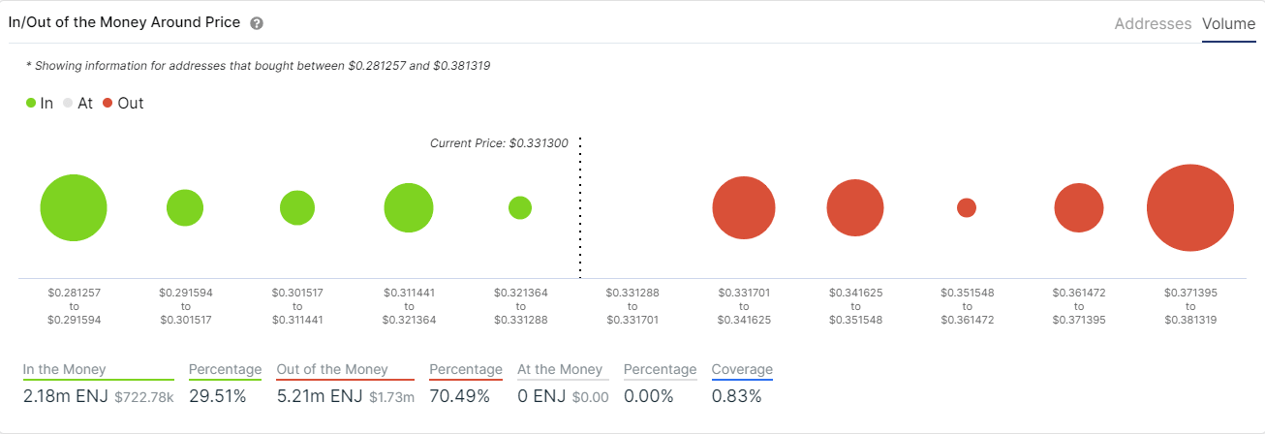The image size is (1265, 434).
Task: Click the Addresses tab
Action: [x=1153, y=24]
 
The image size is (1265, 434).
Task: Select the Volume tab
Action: [x=1228, y=24]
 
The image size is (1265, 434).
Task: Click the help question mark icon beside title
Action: [x=257, y=23]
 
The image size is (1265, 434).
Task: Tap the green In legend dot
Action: [x=32, y=103]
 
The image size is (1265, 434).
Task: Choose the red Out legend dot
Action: [x=107, y=103]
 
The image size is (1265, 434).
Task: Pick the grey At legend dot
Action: [x=68, y=103]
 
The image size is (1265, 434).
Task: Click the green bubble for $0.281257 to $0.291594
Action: [x=74, y=207]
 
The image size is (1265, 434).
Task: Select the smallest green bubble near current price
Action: [x=520, y=207]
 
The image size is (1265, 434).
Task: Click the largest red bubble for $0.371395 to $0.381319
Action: [x=1189, y=208]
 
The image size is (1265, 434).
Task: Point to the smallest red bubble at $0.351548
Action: [x=966, y=207]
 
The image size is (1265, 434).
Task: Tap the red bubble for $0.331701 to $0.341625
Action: [x=743, y=207]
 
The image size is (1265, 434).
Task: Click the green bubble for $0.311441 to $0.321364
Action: [x=408, y=207]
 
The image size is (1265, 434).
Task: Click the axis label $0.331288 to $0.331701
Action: [x=632, y=305]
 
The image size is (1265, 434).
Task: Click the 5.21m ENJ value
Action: [x=319, y=395]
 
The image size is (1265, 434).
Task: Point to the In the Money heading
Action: [x=65, y=369]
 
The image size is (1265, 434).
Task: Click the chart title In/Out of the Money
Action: [x=124, y=22]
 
